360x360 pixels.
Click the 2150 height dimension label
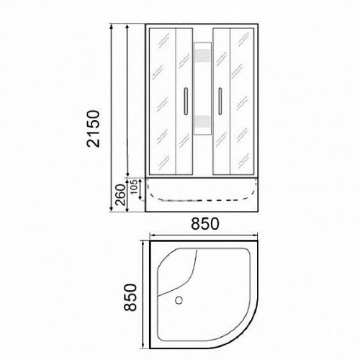tap(93, 129)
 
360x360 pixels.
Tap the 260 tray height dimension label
tap(121, 194)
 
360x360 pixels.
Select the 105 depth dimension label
tap(134, 186)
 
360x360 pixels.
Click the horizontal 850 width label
tap(204, 224)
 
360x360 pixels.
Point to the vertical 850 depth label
tap(130, 297)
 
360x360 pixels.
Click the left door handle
tap(185, 101)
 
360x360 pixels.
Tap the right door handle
tap(220, 101)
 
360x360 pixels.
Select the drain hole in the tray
tap(179, 300)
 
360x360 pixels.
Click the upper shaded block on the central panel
tap(203, 55)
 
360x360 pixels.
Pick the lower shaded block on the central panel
tap(203, 122)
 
